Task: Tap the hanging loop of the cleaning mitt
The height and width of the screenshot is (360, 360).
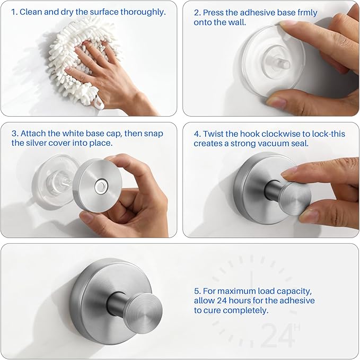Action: (x=98, y=101)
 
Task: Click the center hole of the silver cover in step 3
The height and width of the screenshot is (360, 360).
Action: (x=100, y=186)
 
